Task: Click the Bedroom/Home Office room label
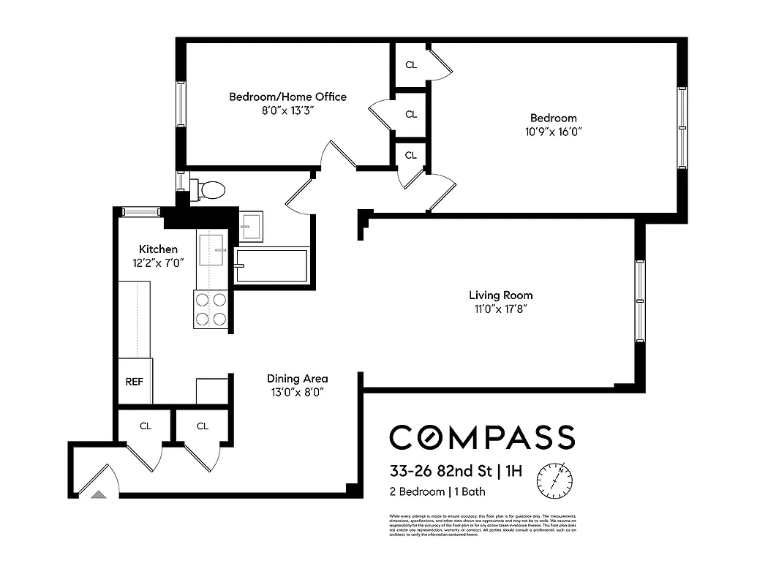coord(287,97)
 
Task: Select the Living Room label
coord(500,295)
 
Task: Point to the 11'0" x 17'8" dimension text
coord(500,309)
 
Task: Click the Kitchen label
coord(158,249)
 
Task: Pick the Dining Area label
coord(297,379)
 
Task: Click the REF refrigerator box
coord(134,381)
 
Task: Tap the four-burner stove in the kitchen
coord(211,309)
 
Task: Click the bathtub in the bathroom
coord(271,265)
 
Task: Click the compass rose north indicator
coord(554,480)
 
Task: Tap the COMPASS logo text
coord(481,437)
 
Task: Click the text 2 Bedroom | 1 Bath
coord(437,491)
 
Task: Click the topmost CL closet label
coord(411,65)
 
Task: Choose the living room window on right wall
coord(640,301)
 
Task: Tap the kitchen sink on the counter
coord(212,249)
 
